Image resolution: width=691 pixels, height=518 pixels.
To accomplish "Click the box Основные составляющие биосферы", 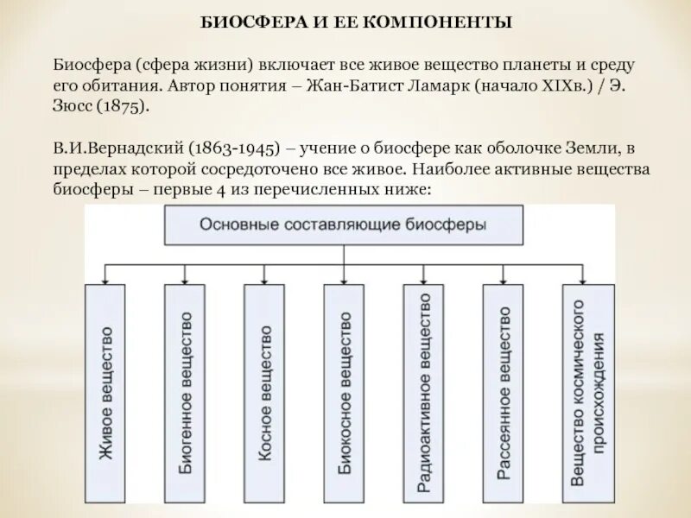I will click(343, 224).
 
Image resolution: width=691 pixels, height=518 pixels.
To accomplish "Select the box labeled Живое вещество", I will click(105, 393).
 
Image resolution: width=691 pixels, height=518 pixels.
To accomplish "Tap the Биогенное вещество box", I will click(185, 393).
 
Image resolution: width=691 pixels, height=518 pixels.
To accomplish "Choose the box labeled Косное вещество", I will click(264, 393).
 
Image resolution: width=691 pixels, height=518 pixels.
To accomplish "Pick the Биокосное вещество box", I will click(344, 393).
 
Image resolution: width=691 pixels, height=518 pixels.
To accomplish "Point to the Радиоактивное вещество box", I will click(423, 393).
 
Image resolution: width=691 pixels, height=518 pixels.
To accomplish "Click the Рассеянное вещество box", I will click(504, 393).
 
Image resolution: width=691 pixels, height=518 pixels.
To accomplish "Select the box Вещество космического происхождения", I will click(588, 393).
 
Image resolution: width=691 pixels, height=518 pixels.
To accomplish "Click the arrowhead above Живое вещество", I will click(105, 279).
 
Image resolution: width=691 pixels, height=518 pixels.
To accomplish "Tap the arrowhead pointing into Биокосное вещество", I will click(344, 279).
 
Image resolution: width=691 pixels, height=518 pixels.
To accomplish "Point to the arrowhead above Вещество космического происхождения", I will click(588, 279).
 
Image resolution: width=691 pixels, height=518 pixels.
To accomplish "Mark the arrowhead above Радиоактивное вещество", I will click(423, 279).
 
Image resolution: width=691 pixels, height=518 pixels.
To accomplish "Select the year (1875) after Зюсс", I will click(123, 105).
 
